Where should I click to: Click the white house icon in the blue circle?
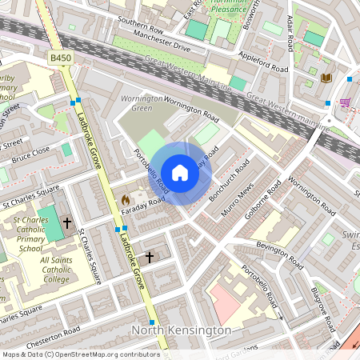[180, 172]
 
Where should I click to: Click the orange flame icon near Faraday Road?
[125, 198]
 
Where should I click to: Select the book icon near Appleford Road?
[326, 78]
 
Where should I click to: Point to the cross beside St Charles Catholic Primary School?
[67, 223]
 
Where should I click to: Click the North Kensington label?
[182, 330]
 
